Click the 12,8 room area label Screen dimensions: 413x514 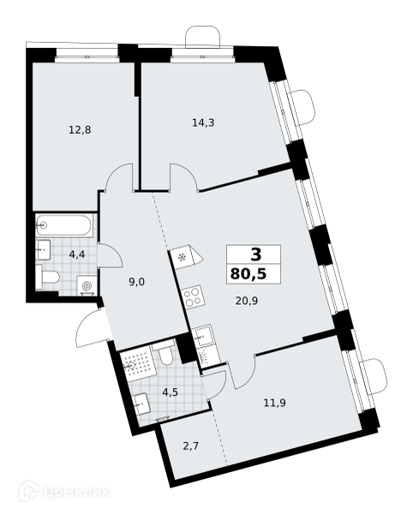[x=80, y=130]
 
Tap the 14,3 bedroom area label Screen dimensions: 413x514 [x=203, y=123]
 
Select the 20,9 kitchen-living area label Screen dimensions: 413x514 [x=247, y=301]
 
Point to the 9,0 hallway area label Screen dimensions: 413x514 [x=137, y=282]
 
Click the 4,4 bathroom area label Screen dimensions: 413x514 [x=77, y=254]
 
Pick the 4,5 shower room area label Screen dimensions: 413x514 [x=170, y=392]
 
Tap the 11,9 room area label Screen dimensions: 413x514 [x=275, y=403]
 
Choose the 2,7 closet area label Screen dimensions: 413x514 [x=191, y=446]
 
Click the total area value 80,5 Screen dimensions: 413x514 [x=248, y=273]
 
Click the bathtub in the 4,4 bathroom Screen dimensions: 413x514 [x=65, y=224]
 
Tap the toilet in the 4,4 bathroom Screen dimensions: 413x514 [x=48, y=278]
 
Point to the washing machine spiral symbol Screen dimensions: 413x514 [x=87, y=285]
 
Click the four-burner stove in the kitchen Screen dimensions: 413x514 [x=193, y=297]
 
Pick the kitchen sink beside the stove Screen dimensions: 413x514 [x=203, y=336]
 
